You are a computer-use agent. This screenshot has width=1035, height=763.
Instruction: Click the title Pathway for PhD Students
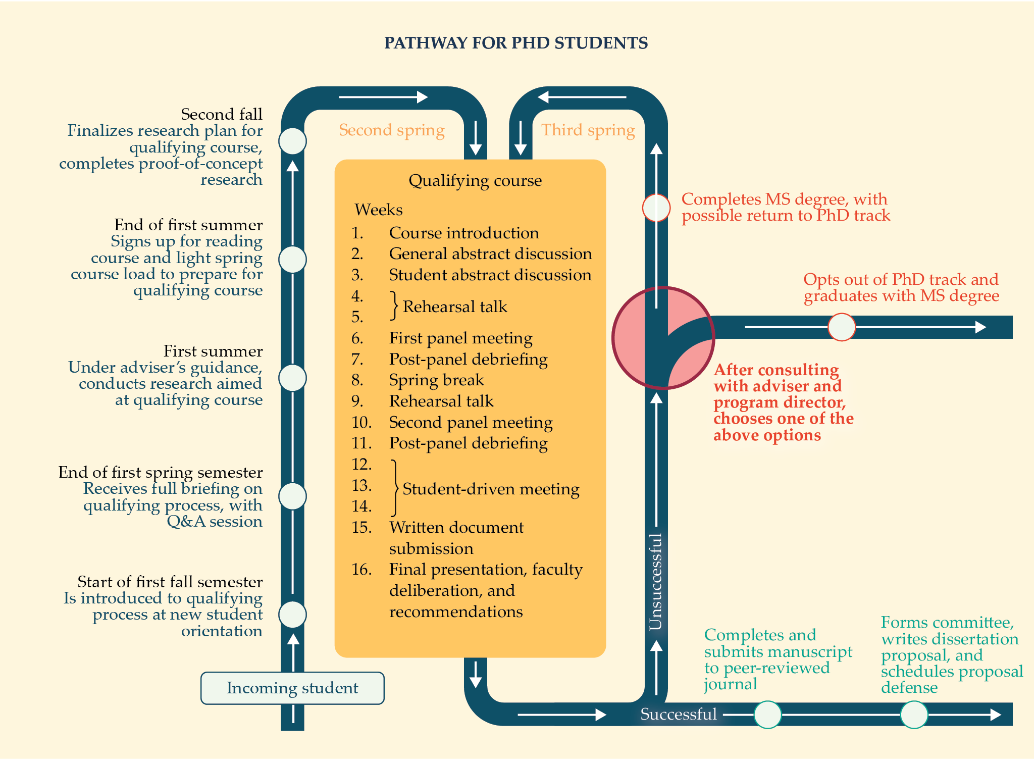pyautogui.click(x=515, y=43)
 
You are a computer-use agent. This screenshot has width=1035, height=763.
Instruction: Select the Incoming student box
pyautogui.click(x=292, y=688)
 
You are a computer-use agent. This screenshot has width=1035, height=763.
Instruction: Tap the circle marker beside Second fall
pyautogui.click(x=292, y=141)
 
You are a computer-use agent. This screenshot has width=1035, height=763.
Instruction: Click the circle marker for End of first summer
pyautogui.click(x=292, y=260)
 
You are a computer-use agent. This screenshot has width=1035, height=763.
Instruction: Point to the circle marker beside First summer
pyautogui.click(x=292, y=378)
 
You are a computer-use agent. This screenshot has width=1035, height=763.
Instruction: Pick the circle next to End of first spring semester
pyautogui.click(x=292, y=496)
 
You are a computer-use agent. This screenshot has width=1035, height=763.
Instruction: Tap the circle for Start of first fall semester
pyautogui.click(x=292, y=615)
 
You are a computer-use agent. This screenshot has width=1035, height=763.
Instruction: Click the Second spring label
pyautogui.click(x=391, y=130)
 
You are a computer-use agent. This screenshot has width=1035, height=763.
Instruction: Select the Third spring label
pyautogui.click(x=588, y=130)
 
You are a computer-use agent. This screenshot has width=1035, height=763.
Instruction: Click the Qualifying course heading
pyautogui.click(x=475, y=180)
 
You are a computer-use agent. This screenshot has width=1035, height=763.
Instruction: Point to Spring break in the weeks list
pyautogui.click(x=436, y=380)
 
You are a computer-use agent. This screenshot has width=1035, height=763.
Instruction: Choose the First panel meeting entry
pyautogui.click(x=460, y=338)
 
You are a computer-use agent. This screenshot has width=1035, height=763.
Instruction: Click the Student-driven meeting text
pyautogui.click(x=491, y=489)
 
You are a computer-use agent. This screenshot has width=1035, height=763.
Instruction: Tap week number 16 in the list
pyautogui.click(x=361, y=569)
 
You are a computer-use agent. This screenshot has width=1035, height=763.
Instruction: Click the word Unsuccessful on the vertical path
pyautogui.click(x=655, y=582)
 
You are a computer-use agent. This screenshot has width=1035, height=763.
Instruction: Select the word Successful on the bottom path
pyautogui.click(x=678, y=714)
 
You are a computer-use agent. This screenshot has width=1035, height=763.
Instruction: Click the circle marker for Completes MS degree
pyautogui.click(x=656, y=208)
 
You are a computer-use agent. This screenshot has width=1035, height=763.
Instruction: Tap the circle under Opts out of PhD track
pyautogui.click(x=841, y=327)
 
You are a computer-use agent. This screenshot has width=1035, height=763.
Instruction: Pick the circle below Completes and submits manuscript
pyautogui.click(x=767, y=715)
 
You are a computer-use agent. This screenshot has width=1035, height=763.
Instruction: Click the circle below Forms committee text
pyautogui.click(x=914, y=715)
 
